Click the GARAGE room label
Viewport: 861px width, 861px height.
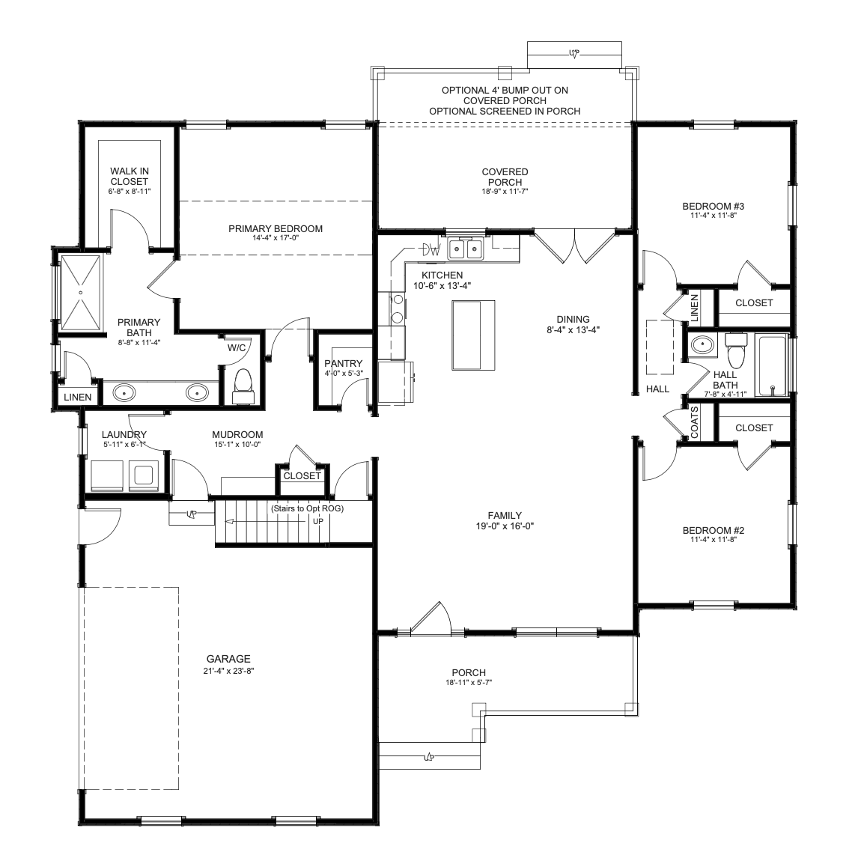(228, 659)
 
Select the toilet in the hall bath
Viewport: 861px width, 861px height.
(737, 350)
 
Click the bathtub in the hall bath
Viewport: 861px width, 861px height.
(771, 365)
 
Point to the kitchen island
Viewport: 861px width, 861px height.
(473, 335)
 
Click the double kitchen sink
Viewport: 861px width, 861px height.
(465, 250)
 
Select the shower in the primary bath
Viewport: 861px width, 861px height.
(81, 292)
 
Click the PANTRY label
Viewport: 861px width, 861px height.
(343, 364)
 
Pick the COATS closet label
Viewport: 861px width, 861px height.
(695, 422)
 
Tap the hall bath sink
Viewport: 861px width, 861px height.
(702, 345)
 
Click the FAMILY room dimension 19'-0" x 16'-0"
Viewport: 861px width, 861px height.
(505, 526)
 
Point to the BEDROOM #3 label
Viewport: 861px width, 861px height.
(714, 207)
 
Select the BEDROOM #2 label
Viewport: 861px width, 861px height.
(714, 530)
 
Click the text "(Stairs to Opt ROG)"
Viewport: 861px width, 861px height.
(308, 508)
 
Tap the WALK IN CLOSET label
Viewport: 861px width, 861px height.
(130, 176)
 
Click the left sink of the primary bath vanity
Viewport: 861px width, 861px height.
(124, 392)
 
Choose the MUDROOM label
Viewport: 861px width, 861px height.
(237, 435)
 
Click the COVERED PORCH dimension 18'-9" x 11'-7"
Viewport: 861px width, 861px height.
(505, 192)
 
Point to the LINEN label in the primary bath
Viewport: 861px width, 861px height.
(77, 397)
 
